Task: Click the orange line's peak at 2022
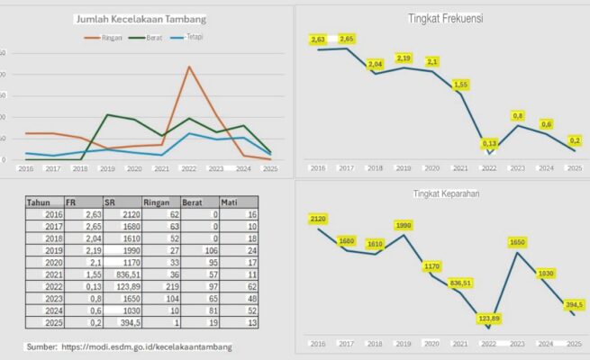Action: click(189, 67)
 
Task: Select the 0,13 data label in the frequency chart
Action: click(490, 144)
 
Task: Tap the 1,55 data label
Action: click(460, 85)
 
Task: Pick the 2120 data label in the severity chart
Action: click(317, 219)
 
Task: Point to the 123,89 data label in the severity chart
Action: click(488, 319)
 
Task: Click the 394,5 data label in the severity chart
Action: click(574, 304)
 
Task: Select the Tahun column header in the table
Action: click(39, 202)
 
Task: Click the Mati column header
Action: click(231, 202)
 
